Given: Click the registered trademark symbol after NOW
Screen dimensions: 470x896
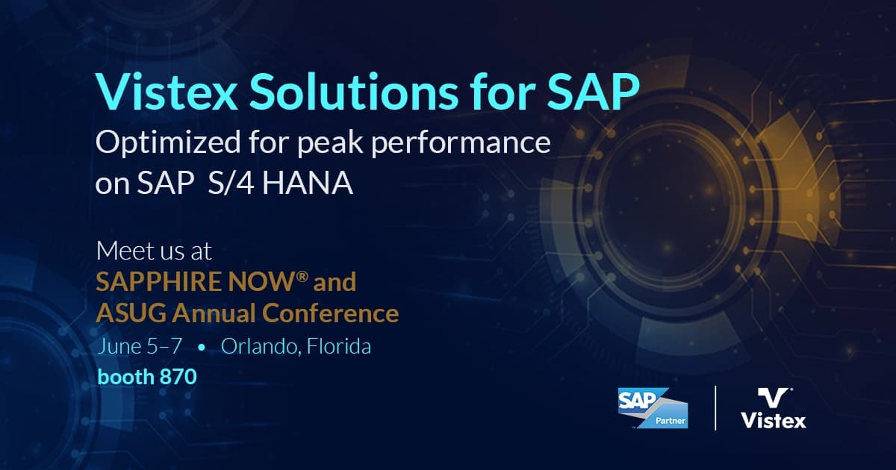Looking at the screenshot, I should coord(302,278).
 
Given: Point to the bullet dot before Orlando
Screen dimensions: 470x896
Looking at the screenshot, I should coord(202,348).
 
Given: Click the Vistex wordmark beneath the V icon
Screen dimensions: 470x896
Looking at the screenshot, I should coord(773,422).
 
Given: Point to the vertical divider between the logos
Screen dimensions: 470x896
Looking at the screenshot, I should coord(715,408).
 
